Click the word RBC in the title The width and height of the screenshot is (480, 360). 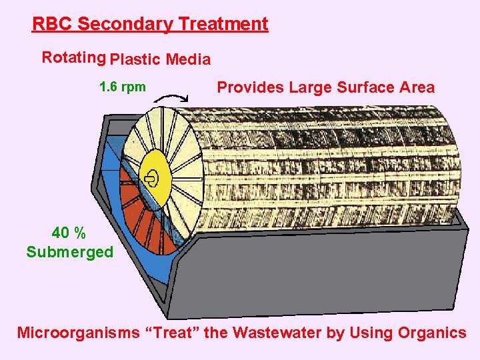click(x=53, y=24)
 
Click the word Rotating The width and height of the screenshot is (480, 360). click(x=73, y=57)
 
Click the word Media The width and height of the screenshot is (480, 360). click(x=188, y=60)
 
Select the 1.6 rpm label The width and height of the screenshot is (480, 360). click(x=122, y=87)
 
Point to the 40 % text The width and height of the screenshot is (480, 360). click(x=69, y=233)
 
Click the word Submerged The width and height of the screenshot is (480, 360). click(x=70, y=252)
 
